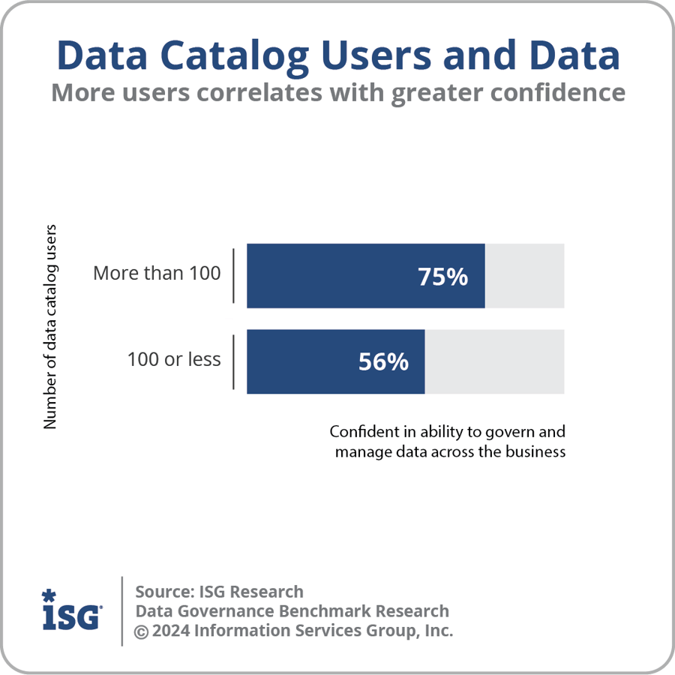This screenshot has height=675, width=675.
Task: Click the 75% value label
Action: point(442,277)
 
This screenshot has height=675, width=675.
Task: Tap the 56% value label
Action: point(383,362)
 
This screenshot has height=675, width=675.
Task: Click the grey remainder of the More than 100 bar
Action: point(524,276)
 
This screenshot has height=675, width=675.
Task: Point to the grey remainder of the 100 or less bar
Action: point(494,362)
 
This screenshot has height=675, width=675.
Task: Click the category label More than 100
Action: point(157,273)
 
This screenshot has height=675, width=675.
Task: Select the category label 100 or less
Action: point(174,359)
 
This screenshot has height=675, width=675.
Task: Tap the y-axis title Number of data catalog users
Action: point(50,326)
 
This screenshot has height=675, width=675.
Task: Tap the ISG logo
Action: point(71,616)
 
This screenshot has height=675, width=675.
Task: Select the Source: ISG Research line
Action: point(219,592)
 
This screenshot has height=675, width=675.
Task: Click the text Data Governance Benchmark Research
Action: point(292,611)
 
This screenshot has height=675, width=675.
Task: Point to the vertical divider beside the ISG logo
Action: point(122,610)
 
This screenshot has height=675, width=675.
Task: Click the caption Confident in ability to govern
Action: point(447,433)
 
